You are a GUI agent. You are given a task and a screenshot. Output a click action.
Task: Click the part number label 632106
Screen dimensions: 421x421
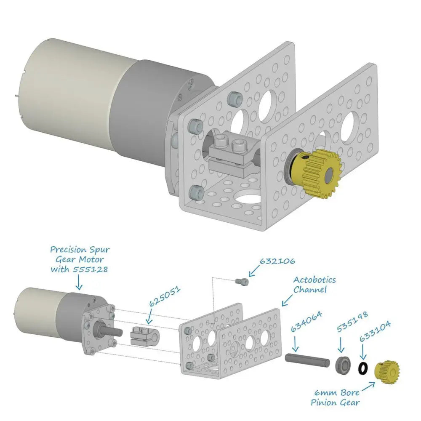277,261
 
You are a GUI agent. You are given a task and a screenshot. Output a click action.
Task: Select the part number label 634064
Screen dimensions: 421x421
306,321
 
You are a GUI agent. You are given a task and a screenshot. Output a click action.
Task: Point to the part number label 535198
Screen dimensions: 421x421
352,322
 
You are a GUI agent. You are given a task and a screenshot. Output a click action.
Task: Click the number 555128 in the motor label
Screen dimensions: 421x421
90,269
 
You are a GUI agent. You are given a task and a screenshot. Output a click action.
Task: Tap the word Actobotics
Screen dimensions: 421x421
314,280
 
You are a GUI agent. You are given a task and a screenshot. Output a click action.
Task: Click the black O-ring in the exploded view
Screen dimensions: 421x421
363,368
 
